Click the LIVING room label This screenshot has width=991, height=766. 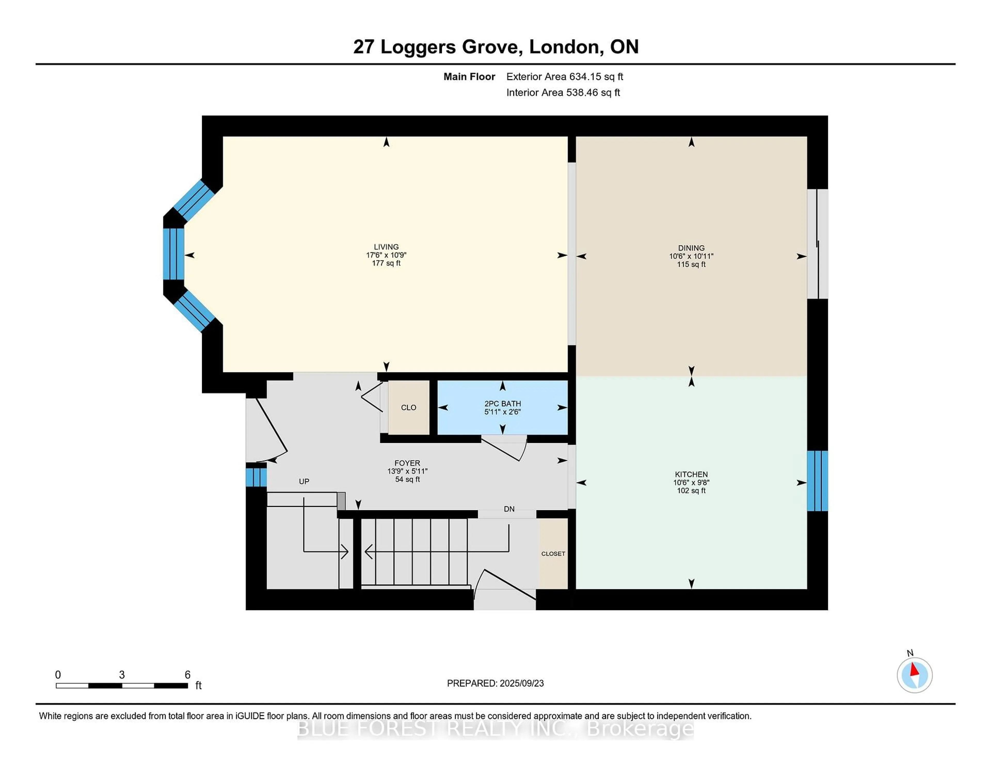tap(386, 247)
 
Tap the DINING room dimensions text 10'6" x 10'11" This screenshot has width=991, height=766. tap(691, 256)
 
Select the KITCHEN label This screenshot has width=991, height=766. tap(691, 474)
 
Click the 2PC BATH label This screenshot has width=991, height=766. tap(502, 403)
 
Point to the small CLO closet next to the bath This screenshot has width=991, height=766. tap(408, 408)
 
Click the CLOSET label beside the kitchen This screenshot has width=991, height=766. tap(553, 554)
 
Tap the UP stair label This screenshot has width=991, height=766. tap(304, 481)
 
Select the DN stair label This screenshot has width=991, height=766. tap(509, 509)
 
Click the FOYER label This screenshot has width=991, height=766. tap(407, 463)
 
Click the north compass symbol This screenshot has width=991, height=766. tap(914, 675)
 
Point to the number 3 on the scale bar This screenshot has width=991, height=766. tap(122, 675)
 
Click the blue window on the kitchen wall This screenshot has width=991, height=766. tap(817, 481)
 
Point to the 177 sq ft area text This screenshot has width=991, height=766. tap(386, 263)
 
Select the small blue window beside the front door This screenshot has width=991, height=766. tap(256, 477)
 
